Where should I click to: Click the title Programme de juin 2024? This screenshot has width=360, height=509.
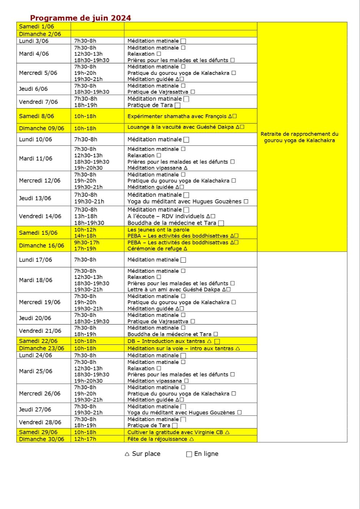click(x=80, y=18)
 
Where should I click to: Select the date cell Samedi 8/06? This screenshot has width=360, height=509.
click(x=37, y=116)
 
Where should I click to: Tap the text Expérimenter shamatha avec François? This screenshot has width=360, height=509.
click(x=177, y=116)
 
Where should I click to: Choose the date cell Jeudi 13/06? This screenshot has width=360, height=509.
click(x=35, y=198)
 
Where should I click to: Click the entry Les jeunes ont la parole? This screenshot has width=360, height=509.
click(x=158, y=230)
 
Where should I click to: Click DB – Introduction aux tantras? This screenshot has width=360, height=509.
click(x=166, y=341)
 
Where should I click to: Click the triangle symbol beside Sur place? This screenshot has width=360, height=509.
click(x=127, y=454)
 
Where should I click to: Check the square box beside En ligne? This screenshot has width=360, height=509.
click(x=189, y=454)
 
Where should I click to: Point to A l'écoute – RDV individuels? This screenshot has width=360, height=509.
click(x=166, y=216)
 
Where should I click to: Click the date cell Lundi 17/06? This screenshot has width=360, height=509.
click(x=35, y=260)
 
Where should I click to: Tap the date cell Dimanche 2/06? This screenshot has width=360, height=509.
click(x=40, y=34)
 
